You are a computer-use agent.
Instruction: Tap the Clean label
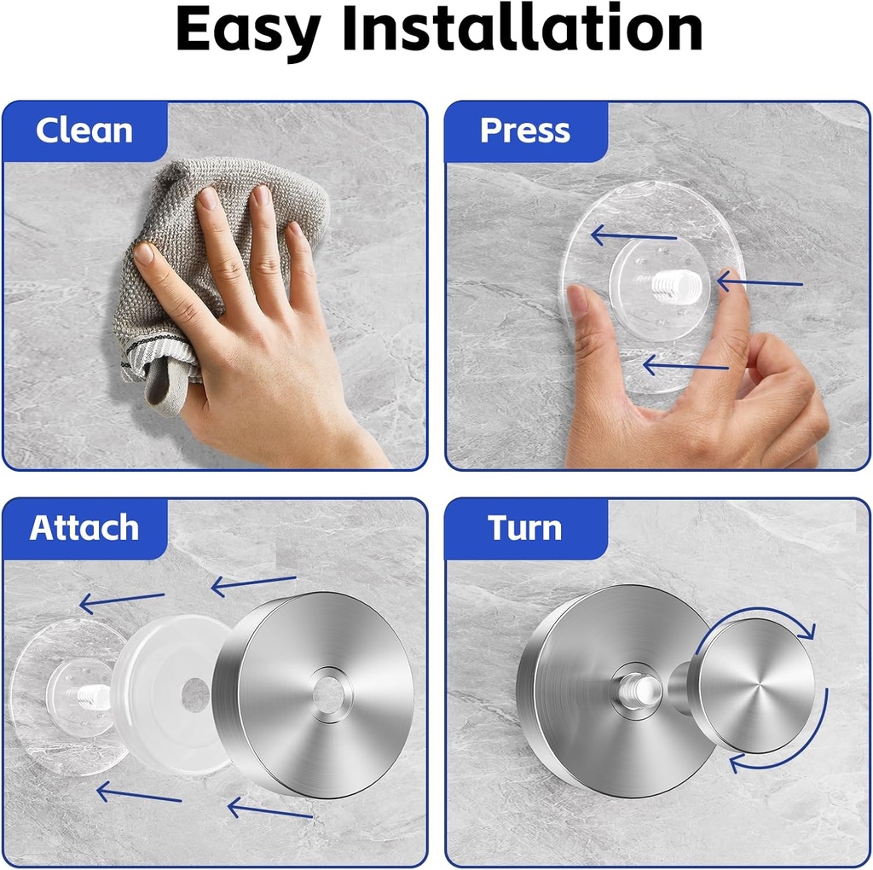[x=84, y=130]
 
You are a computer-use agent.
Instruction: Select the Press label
[x=524, y=130]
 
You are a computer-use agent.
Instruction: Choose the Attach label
[x=84, y=528]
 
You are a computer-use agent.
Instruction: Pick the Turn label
[x=524, y=528]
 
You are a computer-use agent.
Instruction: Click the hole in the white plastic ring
[x=195, y=695]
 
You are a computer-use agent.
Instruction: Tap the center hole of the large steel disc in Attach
[x=327, y=689]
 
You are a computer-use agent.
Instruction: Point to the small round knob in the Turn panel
[x=750, y=686]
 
